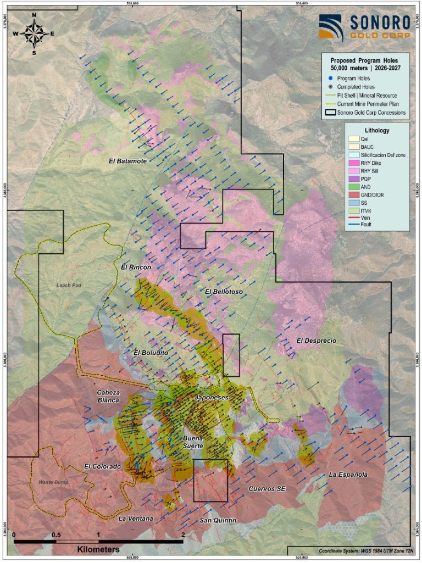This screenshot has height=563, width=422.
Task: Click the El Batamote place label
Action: coord(127,161)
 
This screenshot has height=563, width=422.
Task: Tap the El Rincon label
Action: coord(136,267)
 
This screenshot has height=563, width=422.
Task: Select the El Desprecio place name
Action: coord(316,341)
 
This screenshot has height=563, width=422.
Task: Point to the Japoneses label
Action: coord(212,397)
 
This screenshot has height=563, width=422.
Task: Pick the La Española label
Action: coord(348,474)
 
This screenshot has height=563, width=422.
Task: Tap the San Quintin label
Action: coord(218,520)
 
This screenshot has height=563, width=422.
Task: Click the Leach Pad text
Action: coord(68,285)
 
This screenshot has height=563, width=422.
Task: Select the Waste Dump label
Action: coord(52,482)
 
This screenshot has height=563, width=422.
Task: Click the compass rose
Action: coord(34,32)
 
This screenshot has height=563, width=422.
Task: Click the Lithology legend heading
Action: coord(376,131)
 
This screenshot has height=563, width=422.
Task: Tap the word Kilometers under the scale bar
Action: coord(98,549)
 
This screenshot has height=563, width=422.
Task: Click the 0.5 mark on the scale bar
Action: coord(56,534)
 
